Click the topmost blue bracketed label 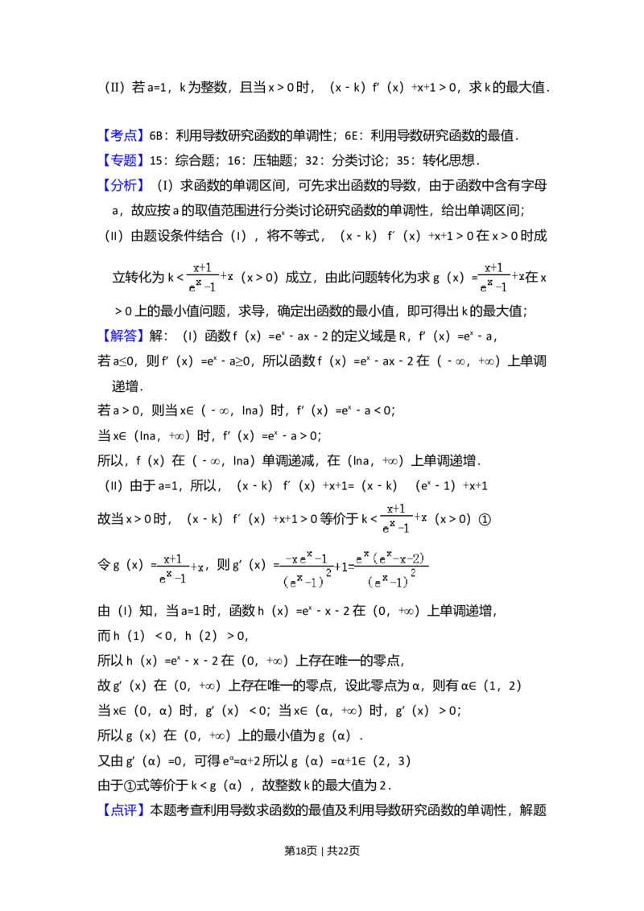[125, 134]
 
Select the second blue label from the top [125, 159]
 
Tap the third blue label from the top [125, 185]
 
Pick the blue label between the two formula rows [125, 336]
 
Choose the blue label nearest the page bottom [125, 809]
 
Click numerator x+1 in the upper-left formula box [202, 268]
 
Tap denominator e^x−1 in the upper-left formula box [202, 286]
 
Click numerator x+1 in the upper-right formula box [493, 268]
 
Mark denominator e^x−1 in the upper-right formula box [493, 286]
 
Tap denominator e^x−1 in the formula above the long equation [395, 528]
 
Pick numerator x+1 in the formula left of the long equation [172, 559]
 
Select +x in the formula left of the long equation [198, 567]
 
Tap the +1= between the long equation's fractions [345, 567]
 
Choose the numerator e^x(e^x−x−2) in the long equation [392, 558]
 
